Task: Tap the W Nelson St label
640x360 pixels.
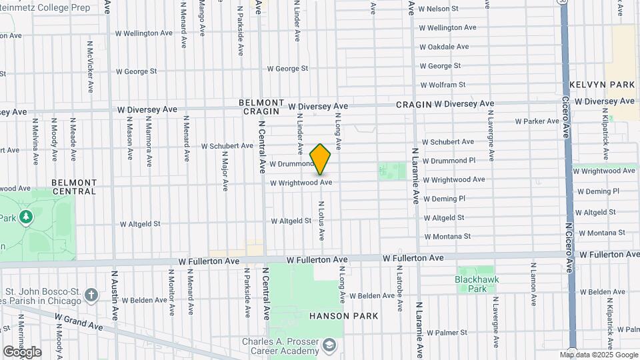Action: point(439,9)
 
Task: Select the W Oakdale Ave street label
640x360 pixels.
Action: point(444,47)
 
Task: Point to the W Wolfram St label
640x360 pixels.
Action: point(443,85)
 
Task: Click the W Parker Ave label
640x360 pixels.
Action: point(537,121)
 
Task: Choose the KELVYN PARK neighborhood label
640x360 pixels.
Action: point(602,85)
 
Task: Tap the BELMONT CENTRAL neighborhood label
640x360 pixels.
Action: point(75,187)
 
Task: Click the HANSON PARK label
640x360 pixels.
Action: point(343,316)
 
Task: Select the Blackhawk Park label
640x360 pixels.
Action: point(477,284)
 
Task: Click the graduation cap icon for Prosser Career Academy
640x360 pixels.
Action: point(329,345)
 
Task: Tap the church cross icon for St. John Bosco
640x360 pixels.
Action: point(91,294)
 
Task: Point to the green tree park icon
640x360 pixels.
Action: point(26,217)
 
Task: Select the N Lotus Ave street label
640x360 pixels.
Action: point(321,221)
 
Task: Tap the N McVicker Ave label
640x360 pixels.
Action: point(90,67)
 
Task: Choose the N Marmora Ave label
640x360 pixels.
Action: point(147,139)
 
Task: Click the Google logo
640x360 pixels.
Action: point(22,351)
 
